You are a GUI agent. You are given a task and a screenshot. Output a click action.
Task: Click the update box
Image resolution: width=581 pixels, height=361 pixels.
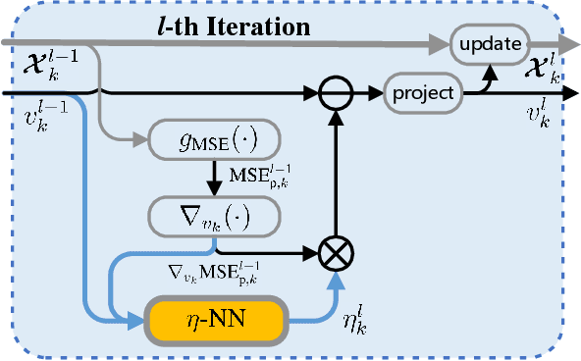(490, 43)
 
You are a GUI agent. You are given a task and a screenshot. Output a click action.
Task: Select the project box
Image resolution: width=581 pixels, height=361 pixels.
(423, 93)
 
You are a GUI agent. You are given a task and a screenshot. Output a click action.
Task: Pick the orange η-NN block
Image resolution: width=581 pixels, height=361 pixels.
(215, 317)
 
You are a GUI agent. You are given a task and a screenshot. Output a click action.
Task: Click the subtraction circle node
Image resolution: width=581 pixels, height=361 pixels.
(337, 93)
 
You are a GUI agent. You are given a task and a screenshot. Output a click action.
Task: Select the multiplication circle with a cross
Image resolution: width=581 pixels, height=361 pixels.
(337, 253)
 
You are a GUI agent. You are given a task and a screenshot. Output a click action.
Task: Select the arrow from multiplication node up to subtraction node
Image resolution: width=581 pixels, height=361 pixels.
(337, 177)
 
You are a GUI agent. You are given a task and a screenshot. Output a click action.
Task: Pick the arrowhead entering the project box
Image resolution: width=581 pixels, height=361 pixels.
(379, 93)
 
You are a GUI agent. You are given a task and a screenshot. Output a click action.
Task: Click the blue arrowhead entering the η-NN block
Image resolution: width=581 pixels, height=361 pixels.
(137, 317)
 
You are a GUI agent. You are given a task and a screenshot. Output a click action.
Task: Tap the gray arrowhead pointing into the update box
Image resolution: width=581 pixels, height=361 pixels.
(441, 43)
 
